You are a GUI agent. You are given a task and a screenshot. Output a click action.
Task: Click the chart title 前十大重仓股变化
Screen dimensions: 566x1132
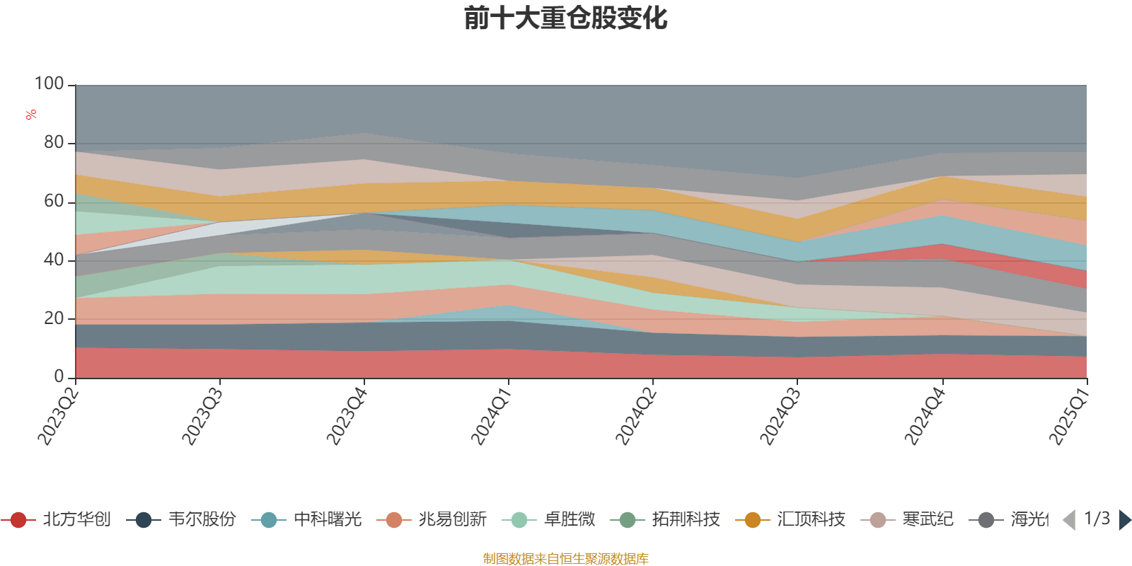pos(566,18)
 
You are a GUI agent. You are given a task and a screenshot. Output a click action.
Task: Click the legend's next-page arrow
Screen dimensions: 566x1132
pos(1124,520)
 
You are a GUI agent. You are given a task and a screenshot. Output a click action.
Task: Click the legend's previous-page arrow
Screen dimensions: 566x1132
pos(1070,520)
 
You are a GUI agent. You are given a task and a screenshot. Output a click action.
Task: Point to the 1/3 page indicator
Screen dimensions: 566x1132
pos(1097,519)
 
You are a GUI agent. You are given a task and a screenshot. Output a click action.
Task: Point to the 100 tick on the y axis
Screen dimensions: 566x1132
pos(50,84)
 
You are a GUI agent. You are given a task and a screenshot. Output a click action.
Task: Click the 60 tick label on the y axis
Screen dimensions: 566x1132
pos(54,202)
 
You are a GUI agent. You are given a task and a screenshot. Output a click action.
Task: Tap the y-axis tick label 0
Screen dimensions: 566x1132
pos(59,377)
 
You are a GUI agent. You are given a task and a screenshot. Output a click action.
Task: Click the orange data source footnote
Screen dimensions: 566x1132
pos(566,559)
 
